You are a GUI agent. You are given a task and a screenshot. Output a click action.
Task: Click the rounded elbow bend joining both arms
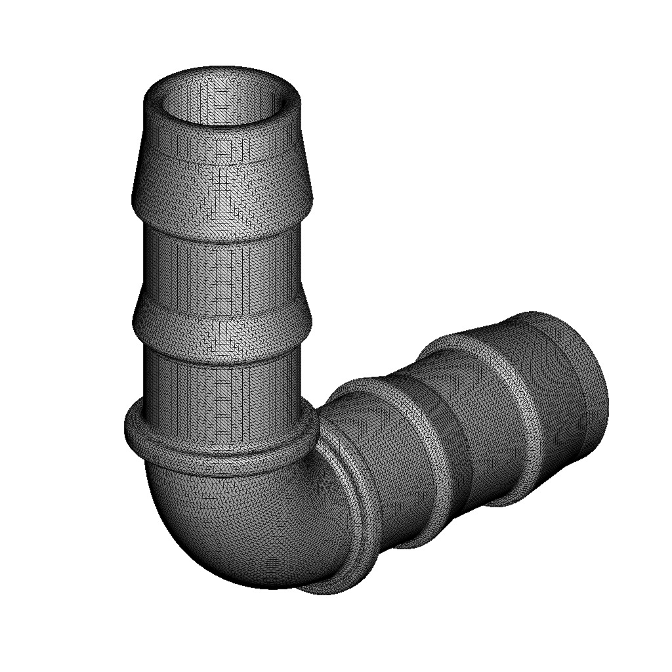click(x=243, y=525)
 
